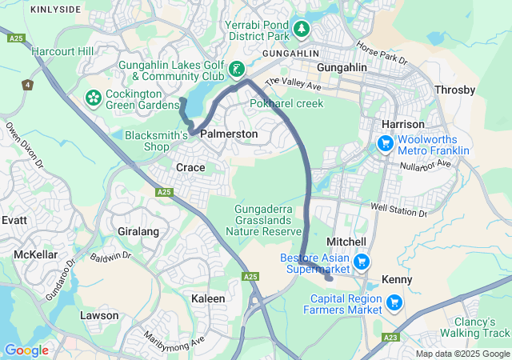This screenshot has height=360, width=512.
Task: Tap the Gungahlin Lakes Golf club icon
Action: tap(237, 70)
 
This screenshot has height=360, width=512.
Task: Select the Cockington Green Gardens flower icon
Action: tap(94, 98)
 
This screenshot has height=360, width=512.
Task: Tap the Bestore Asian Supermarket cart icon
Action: tap(362, 262)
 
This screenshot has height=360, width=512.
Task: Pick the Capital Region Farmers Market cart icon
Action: tap(394, 302)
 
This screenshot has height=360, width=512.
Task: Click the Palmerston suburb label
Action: tap(229, 134)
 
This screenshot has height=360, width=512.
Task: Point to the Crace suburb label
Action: tap(190, 168)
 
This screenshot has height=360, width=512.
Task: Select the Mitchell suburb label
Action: tap(346, 242)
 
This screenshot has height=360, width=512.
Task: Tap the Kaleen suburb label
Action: tap(208, 298)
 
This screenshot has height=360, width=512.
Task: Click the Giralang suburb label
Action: tap(138, 231)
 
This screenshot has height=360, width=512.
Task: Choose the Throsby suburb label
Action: tap(454, 90)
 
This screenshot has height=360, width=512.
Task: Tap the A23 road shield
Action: tap(391, 338)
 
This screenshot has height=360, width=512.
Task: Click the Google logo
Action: tap(26, 350)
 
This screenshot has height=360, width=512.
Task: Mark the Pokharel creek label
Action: tap(286, 104)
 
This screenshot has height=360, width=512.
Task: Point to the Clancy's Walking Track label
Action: tap(475, 327)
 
